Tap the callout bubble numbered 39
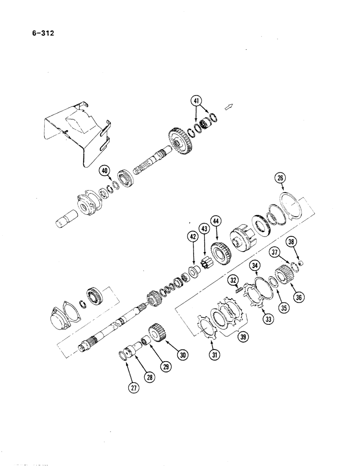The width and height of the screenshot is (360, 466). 242,337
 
